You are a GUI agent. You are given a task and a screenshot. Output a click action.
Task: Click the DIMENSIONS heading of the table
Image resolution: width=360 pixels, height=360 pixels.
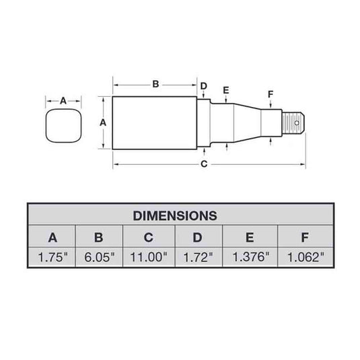(x=175, y=216)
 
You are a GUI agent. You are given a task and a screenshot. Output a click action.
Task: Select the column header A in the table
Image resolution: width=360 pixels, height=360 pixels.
(x=52, y=237)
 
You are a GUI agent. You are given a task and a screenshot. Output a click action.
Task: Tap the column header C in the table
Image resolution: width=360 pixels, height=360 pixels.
(x=149, y=237)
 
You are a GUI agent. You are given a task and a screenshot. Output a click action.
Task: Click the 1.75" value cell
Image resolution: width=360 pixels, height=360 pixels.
(x=52, y=256)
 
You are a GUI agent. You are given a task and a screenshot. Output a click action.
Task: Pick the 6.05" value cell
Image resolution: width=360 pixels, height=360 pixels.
(x=100, y=256)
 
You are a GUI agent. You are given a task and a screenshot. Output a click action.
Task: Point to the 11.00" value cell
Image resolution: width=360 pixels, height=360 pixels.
(x=149, y=256)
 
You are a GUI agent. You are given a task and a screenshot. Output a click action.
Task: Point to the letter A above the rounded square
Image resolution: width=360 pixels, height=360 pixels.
(x=64, y=101)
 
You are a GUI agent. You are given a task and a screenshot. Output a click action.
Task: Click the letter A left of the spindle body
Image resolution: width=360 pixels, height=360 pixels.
(x=103, y=122)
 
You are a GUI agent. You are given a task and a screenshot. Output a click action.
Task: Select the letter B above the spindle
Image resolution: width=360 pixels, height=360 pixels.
(x=155, y=84)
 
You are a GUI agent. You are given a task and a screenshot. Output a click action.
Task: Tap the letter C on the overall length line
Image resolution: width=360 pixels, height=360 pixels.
(x=204, y=164)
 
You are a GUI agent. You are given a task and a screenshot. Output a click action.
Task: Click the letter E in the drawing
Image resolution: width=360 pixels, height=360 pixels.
(x=225, y=91)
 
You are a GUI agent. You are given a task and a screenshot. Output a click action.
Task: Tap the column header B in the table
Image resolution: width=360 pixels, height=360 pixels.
(x=100, y=237)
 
